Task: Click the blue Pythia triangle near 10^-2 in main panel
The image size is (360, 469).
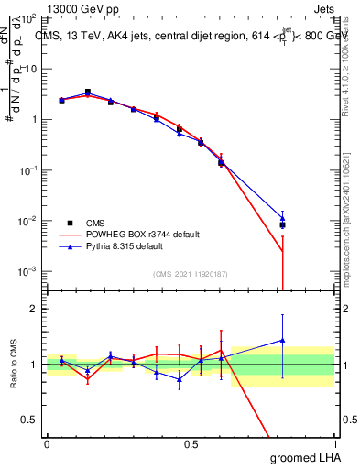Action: point(283,218)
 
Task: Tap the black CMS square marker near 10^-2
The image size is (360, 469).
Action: point(283,225)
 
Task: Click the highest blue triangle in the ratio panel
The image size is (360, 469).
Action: point(283,341)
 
